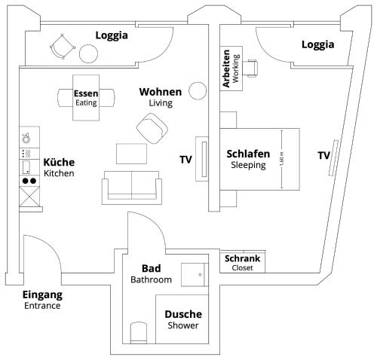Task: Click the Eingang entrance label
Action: [x=42, y=300]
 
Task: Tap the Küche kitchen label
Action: [x=59, y=167]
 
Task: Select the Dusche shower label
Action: [x=183, y=319]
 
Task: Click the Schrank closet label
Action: [x=243, y=263]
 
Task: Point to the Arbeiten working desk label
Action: [x=231, y=70]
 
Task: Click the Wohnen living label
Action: [x=160, y=96]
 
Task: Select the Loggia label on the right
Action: [x=317, y=44]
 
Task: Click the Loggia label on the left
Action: [x=111, y=35]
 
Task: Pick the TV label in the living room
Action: [x=185, y=159]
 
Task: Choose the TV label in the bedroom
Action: [x=323, y=156]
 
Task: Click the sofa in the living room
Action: [x=132, y=186]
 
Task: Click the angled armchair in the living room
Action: [x=153, y=127]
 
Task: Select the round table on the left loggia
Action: [x=90, y=53]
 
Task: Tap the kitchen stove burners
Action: [x=29, y=181]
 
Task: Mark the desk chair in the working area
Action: [x=251, y=69]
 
